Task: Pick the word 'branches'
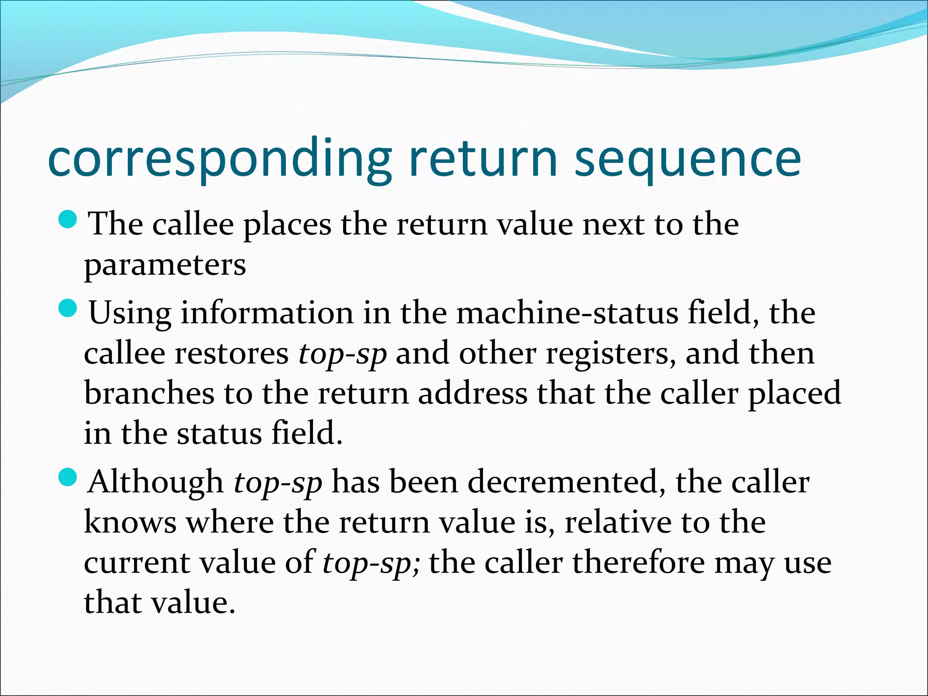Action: point(149,393)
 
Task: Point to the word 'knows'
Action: point(130,522)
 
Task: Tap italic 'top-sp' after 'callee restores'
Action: point(342,354)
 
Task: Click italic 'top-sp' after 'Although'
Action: point(278,483)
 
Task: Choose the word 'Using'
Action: point(130,314)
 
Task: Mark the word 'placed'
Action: point(794,393)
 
